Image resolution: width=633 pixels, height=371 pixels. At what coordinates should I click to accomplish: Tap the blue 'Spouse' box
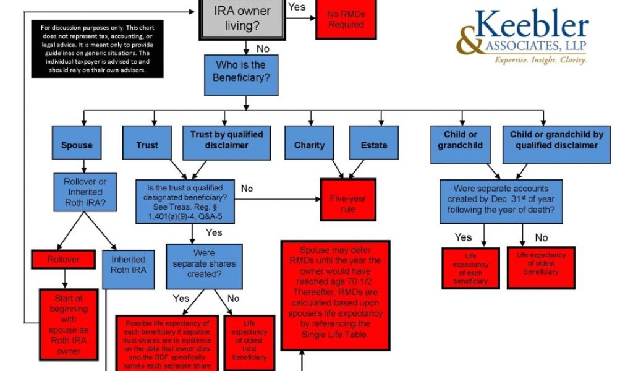coord(77,145)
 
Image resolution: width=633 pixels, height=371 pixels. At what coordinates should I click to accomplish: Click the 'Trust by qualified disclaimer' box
coord(227,140)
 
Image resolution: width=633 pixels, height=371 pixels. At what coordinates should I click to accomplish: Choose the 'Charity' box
coord(309,145)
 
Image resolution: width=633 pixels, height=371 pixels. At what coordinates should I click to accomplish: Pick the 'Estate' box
coord(374,145)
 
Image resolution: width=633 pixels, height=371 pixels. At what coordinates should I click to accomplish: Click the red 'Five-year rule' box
coord(347,200)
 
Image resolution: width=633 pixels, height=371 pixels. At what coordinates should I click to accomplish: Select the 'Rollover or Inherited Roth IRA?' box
coord(85,192)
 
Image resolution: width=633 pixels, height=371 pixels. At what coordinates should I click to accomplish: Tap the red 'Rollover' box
coord(63,260)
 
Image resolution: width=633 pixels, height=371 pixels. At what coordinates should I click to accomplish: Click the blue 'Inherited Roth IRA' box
coord(128,265)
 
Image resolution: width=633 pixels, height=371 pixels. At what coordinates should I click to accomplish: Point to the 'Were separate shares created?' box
coord(204,263)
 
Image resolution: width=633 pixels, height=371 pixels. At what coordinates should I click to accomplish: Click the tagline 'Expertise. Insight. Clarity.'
coord(540,60)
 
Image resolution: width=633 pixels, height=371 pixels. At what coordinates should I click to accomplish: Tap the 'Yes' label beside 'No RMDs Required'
coord(297,7)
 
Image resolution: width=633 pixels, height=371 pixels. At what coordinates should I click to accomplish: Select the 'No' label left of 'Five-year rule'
coord(247,188)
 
